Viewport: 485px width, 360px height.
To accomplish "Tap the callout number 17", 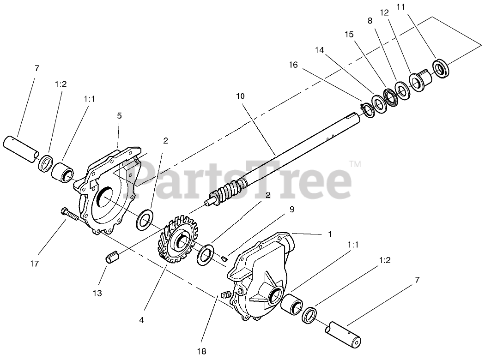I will tap(34, 264).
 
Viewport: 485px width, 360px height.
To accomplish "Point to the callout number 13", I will tap(97, 293).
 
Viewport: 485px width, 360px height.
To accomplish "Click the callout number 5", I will tap(119, 115).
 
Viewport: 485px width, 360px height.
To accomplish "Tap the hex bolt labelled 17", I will tap(70, 214).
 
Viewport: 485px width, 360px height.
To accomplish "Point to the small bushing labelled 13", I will tap(113, 257).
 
